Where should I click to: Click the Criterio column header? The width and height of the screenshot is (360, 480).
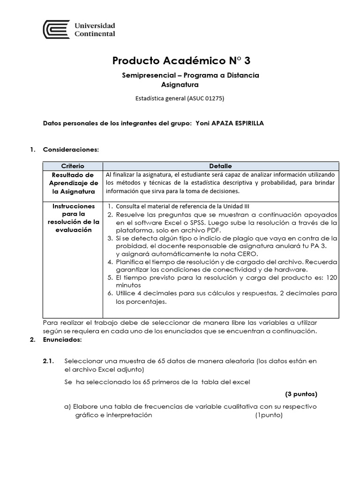pyautogui.click(x=73, y=166)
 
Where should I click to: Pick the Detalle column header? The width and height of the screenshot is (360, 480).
pyautogui.click(x=220, y=166)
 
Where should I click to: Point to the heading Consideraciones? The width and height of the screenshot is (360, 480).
pyautogui.click(x=71, y=150)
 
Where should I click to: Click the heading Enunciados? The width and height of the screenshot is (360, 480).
pyautogui.click(x=62, y=340)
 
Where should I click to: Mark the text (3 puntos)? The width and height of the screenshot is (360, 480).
pyautogui.click(x=301, y=393)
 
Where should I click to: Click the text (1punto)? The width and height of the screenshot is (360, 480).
pyautogui.click(x=269, y=415)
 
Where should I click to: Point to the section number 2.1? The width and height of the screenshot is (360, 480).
pyautogui.click(x=49, y=360)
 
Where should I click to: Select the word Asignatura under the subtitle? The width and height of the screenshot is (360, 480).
pyautogui.click(x=180, y=84)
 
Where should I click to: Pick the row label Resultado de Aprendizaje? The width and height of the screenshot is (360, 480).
pyautogui.click(x=73, y=183)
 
